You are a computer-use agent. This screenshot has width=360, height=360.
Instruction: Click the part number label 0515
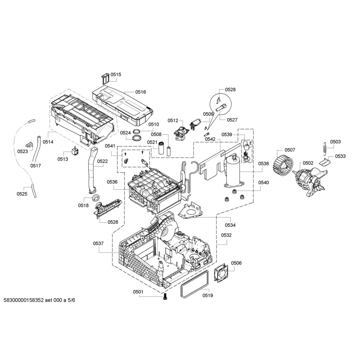pos(116,75)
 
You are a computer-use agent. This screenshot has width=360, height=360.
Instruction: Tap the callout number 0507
pos(290,150)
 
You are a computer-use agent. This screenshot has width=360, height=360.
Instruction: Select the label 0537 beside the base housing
pos(98,243)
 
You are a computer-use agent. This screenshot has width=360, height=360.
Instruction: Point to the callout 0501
pos(138,292)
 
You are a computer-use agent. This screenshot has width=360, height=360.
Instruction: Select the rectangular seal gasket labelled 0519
pos(195,284)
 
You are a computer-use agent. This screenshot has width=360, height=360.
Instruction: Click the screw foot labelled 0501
pos(165,297)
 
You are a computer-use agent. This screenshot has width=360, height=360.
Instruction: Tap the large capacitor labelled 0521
pos(162,148)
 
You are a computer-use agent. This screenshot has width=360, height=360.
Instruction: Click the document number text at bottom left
pos(39,300)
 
